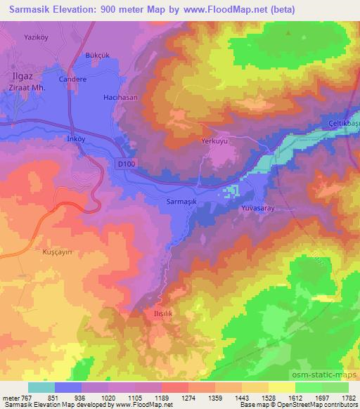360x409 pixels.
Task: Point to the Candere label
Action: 72,79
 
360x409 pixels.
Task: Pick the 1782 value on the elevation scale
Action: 347,397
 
